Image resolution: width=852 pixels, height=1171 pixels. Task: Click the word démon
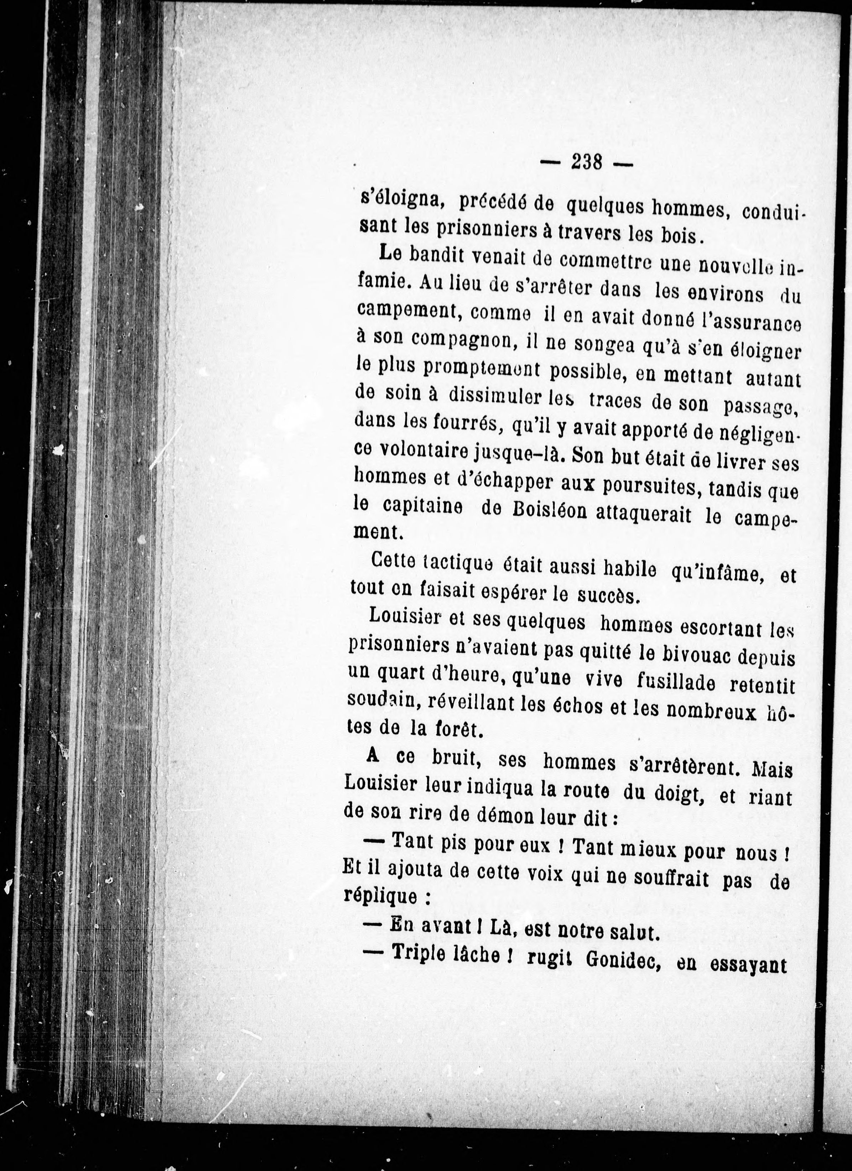497,818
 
